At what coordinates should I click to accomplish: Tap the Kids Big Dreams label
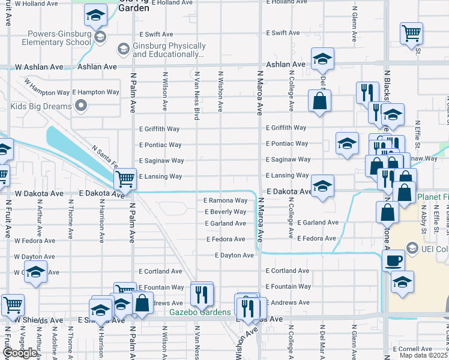pyautogui.click(x=41, y=107)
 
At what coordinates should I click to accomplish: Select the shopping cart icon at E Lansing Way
pyautogui.click(x=124, y=178)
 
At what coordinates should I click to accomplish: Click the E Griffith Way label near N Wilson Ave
pyautogui.click(x=160, y=129)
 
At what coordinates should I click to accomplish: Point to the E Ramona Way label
pyautogui.click(x=226, y=200)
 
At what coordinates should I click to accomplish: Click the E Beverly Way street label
pyautogui.click(x=226, y=212)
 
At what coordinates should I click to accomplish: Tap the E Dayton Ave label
pyautogui.click(x=235, y=255)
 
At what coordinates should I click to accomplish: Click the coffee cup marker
pyautogui.click(x=393, y=260)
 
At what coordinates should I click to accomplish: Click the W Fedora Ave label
pyautogui.click(x=34, y=241)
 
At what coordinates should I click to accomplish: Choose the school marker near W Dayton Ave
pyautogui.click(x=35, y=272)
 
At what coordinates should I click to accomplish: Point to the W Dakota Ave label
pyautogui.click(x=39, y=194)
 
